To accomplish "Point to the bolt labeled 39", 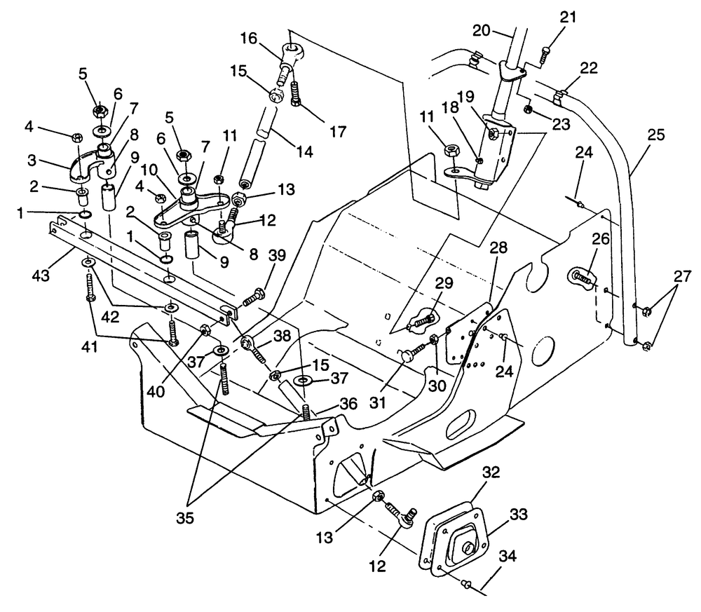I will (254, 299).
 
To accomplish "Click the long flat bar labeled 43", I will (140, 266).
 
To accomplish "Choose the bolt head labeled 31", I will (409, 357).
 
